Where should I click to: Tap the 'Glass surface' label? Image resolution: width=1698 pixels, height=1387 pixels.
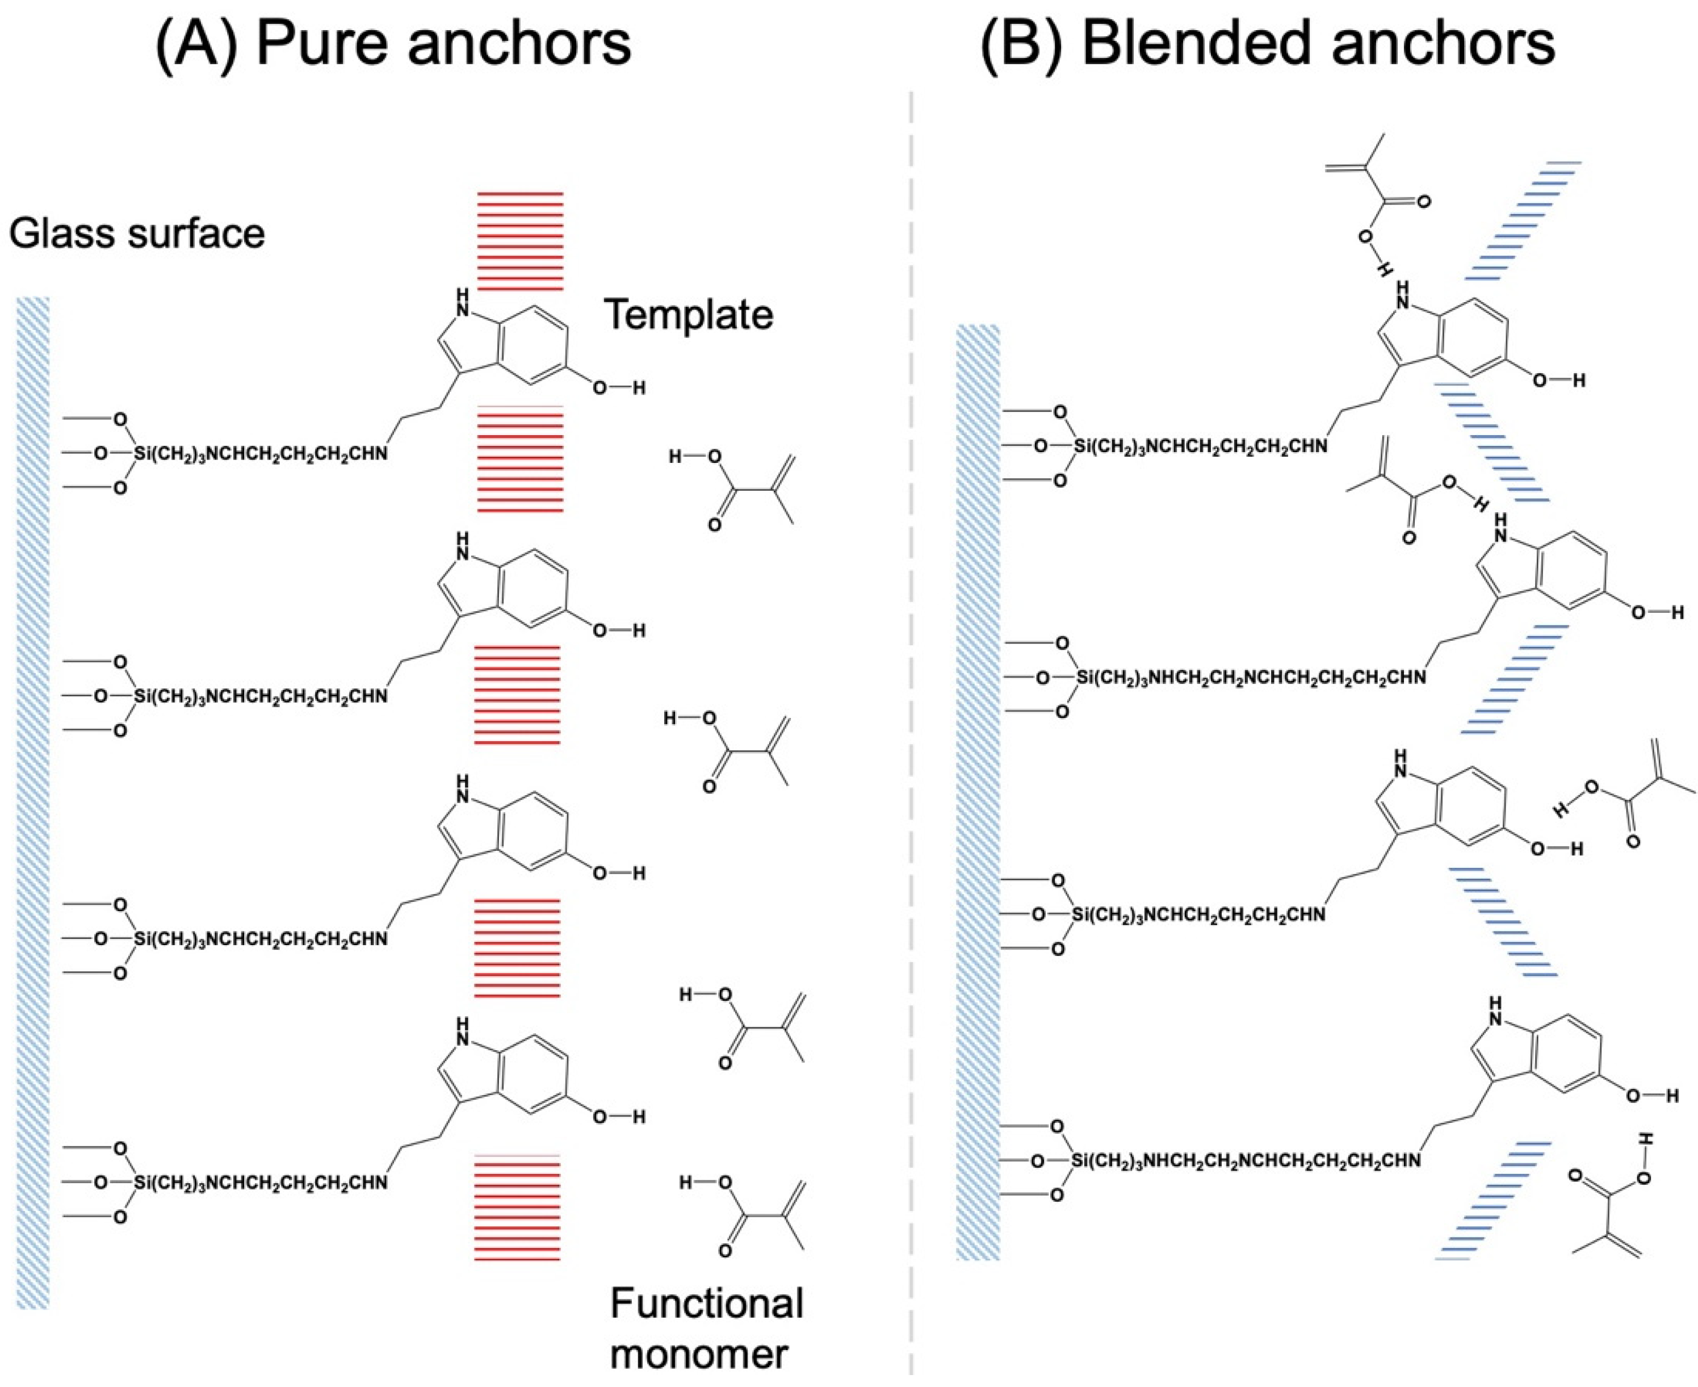(x=137, y=234)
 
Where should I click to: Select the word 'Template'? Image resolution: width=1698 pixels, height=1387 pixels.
(x=689, y=315)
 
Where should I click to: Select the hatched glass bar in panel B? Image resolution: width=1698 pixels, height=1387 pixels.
(x=978, y=792)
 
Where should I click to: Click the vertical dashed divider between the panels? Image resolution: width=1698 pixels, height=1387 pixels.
(x=911, y=719)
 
